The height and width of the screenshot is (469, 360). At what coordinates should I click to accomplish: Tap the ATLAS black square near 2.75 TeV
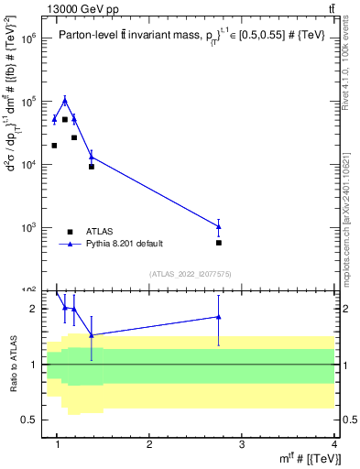point(219,243)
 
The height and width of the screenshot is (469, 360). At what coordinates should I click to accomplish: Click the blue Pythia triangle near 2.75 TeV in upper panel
point(219,226)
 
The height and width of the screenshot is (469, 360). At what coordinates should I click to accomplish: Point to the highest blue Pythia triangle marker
point(65,100)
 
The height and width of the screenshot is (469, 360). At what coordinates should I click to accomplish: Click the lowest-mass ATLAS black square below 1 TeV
point(54,145)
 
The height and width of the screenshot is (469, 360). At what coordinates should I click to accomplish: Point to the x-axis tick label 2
point(149,446)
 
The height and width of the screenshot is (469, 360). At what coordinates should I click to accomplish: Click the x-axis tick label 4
point(333,446)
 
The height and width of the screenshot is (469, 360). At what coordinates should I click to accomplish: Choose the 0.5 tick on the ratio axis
point(29,420)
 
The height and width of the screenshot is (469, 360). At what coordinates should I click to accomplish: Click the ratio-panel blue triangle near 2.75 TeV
point(219,317)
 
